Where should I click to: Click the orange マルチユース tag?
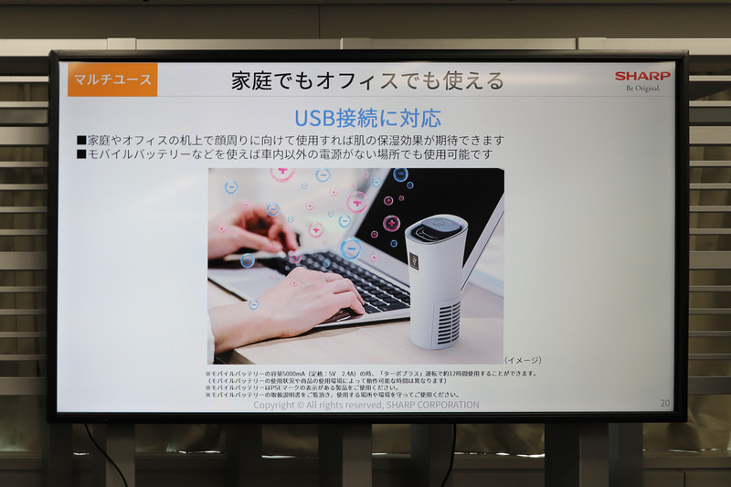pyautogui.click(x=112, y=79)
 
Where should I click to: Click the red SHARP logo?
pyautogui.click(x=641, y=76)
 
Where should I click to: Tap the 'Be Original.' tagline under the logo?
pyautogui.click(x=642, y=89)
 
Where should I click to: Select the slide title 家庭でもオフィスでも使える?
pyautogui.click(x=367, y=80)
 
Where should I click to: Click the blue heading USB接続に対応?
pyautogui.click(x=367, y=118)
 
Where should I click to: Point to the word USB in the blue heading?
pyautogui.click(x=313, y=118)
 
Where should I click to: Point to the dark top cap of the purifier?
pyautogui.click(x=435, y=228)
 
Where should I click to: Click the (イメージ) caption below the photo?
pyautogui.click(x=523, y=359)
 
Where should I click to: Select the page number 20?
pyautogui.click(x=664, y=403)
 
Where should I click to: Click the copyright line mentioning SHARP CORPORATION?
pyautogui.click(x=365, y=405)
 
